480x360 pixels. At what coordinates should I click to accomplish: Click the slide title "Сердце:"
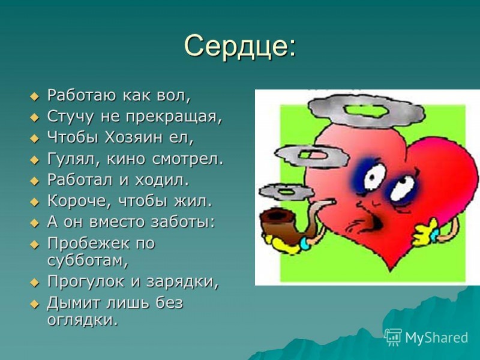(240, 46)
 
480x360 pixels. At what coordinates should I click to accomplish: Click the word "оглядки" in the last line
(82, 321)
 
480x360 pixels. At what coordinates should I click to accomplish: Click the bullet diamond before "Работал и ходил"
(34, 180)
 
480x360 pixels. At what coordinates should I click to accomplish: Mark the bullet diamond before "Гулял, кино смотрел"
(34, 159)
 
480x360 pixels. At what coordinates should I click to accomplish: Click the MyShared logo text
(436, 337)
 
